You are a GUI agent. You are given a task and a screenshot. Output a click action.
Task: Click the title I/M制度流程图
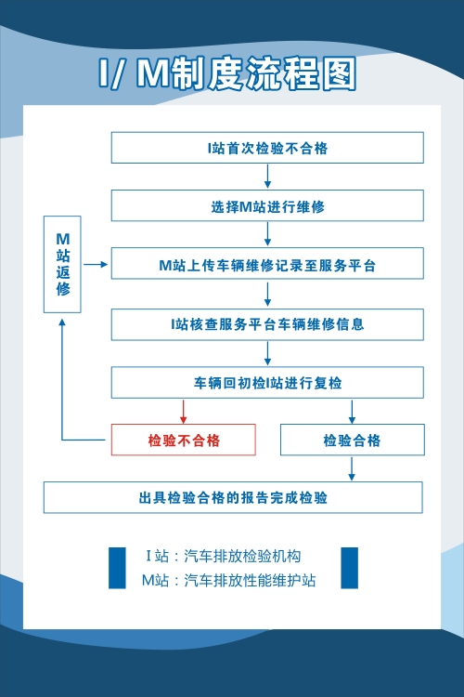pyautogui.click(x=226, y=72)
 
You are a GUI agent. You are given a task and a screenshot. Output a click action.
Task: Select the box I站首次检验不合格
pyautogui.click(x=267, y=148)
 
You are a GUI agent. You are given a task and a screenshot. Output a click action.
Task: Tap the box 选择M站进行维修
pyautogui.click(x=267, y=205)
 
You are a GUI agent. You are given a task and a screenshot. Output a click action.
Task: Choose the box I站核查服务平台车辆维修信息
pyautogui.click(x=267, y=324)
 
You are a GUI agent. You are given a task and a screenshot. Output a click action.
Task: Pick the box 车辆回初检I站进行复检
pyautogui.click(x=267, y=382)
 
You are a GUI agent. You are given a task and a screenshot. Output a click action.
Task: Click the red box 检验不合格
pyautogui.click(x=184, y=440)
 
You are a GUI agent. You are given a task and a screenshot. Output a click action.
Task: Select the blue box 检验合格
pyautogui.click(x=353, y=440)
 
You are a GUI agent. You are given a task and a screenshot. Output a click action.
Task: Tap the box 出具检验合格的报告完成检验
pyautogui.click(x=233, y=497)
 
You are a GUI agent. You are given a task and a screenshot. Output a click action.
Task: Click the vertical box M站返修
pyautogui.click(x=62, y=265)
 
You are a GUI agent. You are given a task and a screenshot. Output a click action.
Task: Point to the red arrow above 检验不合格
pyautogui.click(x=183, y=412)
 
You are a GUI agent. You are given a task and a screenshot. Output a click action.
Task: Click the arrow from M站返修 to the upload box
pyautogui.click(x=96, y=265)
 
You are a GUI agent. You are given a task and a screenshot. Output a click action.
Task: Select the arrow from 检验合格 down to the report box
pyautogui.click(x=352, y=469)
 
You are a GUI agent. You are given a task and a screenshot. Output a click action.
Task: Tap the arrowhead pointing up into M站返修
pyautogui.click(x=62, y=322)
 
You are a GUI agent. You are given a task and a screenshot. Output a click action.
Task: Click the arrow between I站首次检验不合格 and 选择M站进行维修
pyautogui.click(x=267, y=177)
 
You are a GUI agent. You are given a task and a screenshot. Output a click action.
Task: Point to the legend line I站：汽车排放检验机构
pyautogui.click(x=224, y=556)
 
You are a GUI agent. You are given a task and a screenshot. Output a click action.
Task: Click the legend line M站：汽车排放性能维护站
pyautogui.click(x=228, y=580)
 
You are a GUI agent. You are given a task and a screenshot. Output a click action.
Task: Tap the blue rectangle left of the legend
pyautogui.click(x=117, y=568)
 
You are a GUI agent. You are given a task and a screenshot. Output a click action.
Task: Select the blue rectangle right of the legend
pyautogui.click(x=350, y=568)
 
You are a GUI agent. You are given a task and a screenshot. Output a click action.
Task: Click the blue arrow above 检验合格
pyautogui.click(x=352, y=412)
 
